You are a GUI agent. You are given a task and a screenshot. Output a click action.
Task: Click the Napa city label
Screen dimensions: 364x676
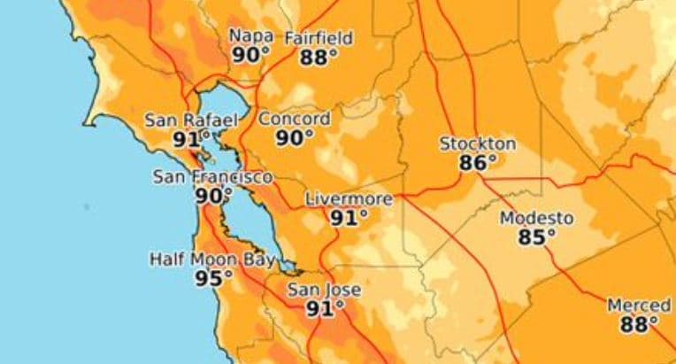pyautogui.click(x=250, y=35)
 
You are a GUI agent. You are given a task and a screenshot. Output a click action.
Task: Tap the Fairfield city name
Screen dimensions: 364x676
pyautogui.click(x=319, y=38)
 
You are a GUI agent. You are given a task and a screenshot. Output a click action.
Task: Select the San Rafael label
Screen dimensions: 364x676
pyautogui.click(x=192, y=120)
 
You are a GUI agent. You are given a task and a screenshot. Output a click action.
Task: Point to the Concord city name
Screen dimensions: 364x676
pyautogui.click(x=295, y=118)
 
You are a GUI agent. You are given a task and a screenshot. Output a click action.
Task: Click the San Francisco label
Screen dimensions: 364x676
pyautogui.click(x=213, y=176)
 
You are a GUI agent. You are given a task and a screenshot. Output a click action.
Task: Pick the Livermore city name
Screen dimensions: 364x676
pyautogui.click(x=349, y=199)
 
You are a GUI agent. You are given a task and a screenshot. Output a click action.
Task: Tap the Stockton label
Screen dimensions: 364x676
pyautogui.click(x=478, y=143)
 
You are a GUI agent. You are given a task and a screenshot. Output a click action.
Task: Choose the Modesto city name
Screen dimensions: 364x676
pyautogui.click(x=536, y=218)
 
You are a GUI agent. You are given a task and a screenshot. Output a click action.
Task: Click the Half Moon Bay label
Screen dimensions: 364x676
pyautogui.click(x=212, y=259)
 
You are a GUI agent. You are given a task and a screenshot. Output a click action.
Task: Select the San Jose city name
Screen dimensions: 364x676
pyautogui.click(x=325, y=290)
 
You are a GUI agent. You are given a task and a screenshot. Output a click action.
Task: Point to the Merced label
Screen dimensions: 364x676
pyautogui.click(x=638, y=306)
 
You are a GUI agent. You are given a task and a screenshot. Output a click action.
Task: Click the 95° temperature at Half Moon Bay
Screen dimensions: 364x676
pyautogui.click(x=213, y=278)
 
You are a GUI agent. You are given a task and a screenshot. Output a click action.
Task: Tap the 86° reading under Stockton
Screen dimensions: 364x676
pyautogui.click(x=478, y=163)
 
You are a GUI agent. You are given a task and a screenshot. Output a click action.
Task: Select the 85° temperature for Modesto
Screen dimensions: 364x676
pyautogui.click(x=537, y=237)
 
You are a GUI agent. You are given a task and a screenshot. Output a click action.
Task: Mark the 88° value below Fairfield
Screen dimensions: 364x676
pyautogui.click(x=319, y=58)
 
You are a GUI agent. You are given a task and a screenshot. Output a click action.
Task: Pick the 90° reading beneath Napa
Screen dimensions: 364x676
pyautogui.click(x=250, y=55)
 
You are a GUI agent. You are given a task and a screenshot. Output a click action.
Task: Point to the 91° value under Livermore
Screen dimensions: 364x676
pyautogui.click(x=349, y=218)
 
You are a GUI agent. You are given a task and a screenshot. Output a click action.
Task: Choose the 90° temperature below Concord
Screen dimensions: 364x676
pyautogui.click(x=295, y=137)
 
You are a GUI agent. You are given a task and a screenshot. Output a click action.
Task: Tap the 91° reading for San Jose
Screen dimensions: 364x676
pyautogui.click(x=325, y=309)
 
